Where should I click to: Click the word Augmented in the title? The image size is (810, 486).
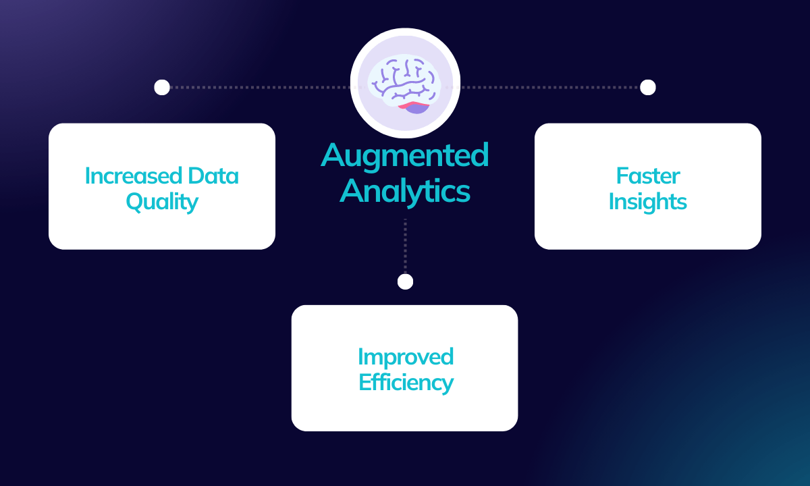[405, 157]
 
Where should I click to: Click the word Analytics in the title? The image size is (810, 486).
[405, 190]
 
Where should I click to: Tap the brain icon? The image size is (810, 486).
[405, 82]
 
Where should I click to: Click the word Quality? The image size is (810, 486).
[162, 202]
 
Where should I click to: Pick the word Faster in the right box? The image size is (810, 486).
[648, 176]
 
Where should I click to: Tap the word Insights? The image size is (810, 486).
[648, 202]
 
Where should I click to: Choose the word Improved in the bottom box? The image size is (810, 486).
[405, 356]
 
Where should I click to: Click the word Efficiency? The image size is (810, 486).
[405, 383]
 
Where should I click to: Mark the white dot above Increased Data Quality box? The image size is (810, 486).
[162, 87]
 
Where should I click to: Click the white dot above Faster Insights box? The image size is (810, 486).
[648, 87]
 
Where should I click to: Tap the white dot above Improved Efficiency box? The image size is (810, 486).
[405, 281]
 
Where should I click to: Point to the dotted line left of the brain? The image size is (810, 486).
[256, 87]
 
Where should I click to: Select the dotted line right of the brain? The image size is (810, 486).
[550, 87]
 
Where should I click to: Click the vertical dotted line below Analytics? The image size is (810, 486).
[405, 246]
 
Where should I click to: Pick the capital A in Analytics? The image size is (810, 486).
[352, 190]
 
